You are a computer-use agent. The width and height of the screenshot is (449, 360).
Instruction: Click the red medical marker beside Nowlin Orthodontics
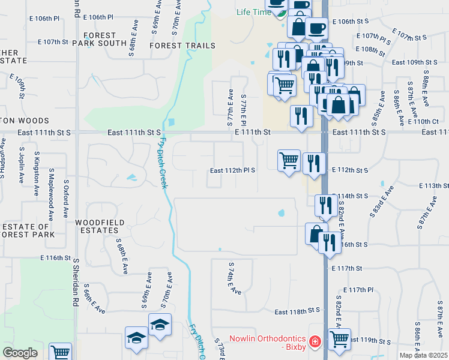[315, 343]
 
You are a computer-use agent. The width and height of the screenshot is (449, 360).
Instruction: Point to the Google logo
[20, 353]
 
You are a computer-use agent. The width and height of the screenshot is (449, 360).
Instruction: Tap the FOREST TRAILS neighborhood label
[174, 46]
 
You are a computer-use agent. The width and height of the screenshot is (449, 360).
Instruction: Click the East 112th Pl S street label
[233, 170]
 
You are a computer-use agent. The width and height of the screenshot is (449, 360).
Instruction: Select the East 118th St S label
[298, 312]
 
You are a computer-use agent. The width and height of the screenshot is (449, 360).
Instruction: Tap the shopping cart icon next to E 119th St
[340, 339]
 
